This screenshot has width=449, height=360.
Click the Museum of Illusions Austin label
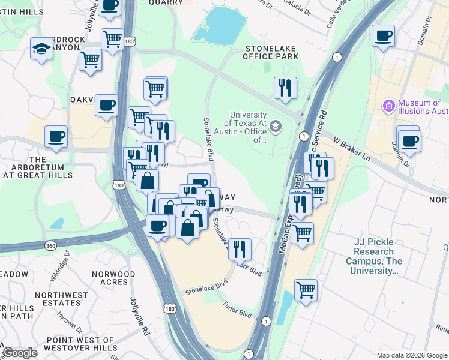tap(420, 107)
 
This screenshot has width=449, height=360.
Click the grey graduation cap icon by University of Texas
tap(275, 125)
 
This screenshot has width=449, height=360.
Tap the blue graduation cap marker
tap(42, 49)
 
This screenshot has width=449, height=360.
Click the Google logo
tap(20, 353)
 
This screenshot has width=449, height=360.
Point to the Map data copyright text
tap(412, 355)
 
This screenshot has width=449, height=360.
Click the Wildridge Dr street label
tap(62, 262)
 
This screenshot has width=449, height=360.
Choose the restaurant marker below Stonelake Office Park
tap(285, 88)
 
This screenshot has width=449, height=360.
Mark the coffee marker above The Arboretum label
tap(56, 136)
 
